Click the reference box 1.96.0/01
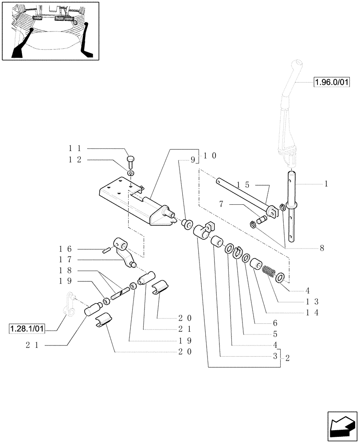coord(331,82)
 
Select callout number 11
coord(74,149)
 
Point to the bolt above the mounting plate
coord(130,159)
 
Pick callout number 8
coord(321,248)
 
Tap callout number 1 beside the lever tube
coord(326,183)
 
